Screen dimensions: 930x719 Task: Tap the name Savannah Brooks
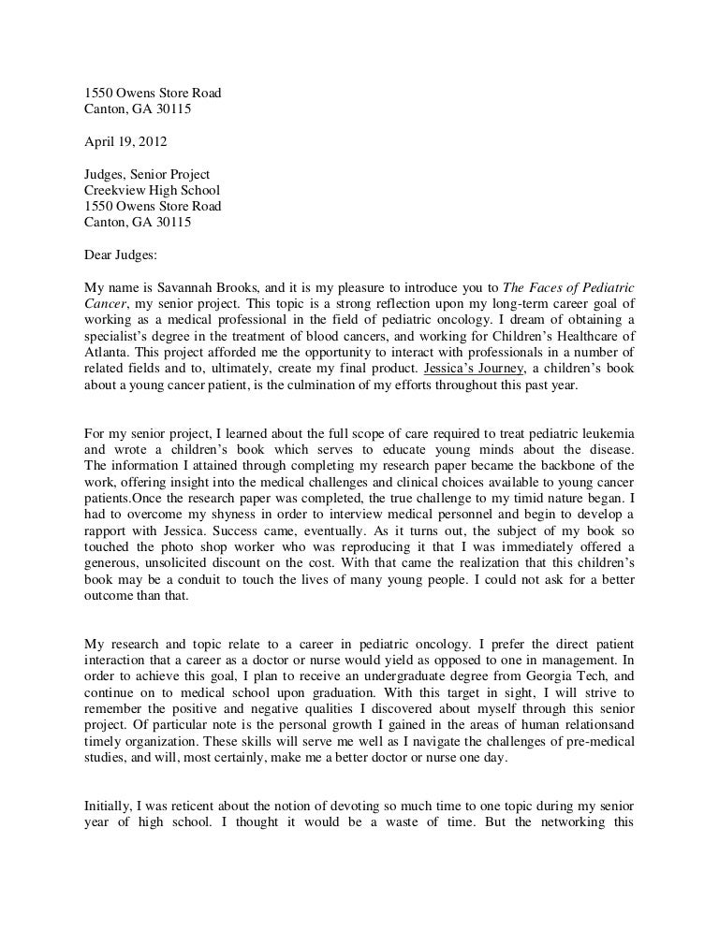[x=195, y=286]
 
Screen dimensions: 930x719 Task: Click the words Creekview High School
[x=153, y=190]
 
